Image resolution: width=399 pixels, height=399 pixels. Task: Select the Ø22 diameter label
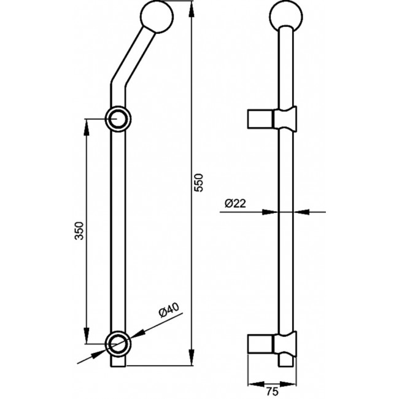coord(235,203)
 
